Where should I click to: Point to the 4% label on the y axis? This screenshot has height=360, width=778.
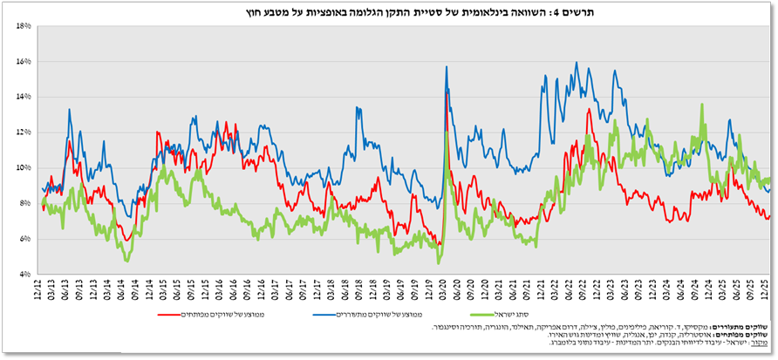click(24, 274)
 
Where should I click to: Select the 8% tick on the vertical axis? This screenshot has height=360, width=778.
click(24, 203)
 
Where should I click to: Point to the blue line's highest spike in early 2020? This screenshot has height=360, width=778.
click(447, 67)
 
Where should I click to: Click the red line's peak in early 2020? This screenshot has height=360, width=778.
click(447, 93)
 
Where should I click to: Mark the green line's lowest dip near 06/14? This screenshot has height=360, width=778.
click(127, 260)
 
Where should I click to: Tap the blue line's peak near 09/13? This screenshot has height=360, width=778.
click(70, 110)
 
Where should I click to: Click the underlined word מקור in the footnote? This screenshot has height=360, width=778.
click(762, 343)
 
